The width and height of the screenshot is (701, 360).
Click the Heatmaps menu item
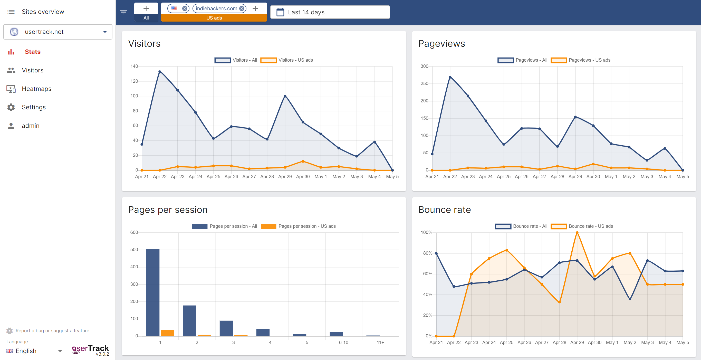[36, 89]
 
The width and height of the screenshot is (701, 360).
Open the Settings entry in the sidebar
[34, 107]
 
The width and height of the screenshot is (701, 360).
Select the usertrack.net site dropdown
[58, 32]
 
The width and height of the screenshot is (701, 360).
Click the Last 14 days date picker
[330, 12]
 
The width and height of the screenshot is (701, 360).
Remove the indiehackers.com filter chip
[242, 8]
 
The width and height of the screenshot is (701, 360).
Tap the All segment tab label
[146, 18]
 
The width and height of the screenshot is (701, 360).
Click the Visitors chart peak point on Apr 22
[160, 72]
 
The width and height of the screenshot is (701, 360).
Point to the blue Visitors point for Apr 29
[285, 96]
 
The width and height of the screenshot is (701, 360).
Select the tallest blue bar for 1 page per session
[153, 292]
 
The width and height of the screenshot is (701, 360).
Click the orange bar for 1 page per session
[167, 333]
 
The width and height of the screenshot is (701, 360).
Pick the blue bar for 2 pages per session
[189, 321]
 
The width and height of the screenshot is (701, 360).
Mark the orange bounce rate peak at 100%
[577, 233]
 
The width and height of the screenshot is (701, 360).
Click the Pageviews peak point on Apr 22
[450, 77]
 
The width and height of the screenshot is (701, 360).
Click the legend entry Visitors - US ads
[286, 60]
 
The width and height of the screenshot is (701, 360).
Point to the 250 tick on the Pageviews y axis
[424, 84]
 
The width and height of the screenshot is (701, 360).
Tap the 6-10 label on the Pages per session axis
[343, 343]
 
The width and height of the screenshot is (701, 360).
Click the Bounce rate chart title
[444, 210]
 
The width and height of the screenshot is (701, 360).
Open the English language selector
[35, 351]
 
